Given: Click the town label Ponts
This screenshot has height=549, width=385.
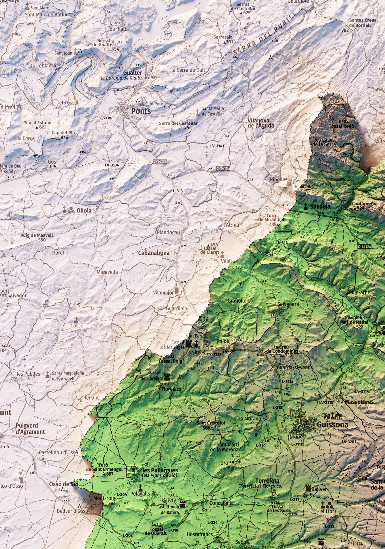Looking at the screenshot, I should click(141, 111).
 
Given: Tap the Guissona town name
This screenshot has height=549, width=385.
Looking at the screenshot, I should click(332, 425).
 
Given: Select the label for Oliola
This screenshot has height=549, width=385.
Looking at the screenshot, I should click(84, 210).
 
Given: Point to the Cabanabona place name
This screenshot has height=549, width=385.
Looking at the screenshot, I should click(154, 253).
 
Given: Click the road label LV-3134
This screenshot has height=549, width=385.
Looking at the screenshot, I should click(112, 165).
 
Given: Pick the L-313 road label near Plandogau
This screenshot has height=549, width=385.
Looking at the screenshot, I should click(178, 191).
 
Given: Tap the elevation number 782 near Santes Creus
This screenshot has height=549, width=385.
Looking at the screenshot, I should click(345, 30).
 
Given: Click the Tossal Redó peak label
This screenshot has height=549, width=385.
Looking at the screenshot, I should click(341, 126).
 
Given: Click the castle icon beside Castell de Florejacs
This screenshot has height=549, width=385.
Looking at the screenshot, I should click(167, 377).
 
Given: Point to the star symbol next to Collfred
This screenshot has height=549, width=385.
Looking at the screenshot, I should click(19, 106).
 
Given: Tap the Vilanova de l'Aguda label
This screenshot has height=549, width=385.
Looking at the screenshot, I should click(261, 123).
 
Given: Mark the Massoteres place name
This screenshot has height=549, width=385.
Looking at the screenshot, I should click(359, 402).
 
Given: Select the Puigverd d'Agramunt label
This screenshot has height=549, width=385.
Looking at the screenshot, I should click(30, 429).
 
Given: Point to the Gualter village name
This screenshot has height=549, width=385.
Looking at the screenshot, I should click(132, 73).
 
